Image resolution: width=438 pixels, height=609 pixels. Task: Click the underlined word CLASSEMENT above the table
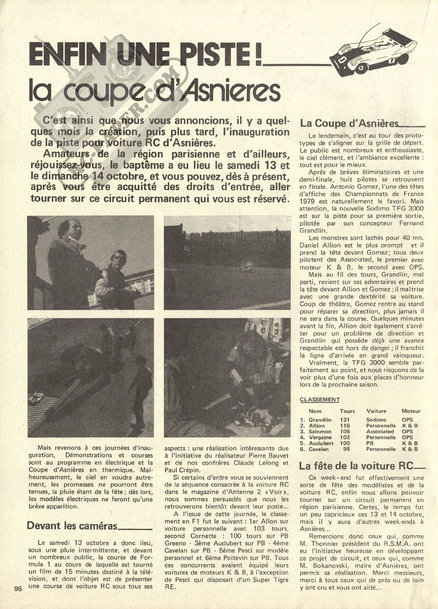point(314,400)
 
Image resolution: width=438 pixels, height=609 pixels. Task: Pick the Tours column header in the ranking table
point(347,411)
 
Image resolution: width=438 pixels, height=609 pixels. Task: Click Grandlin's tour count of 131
point(345,419)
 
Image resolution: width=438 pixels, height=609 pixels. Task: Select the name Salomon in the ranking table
point(320,431)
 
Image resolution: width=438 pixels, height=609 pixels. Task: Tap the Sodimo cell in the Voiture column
point(376,419)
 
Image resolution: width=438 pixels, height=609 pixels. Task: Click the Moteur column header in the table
point(411,411)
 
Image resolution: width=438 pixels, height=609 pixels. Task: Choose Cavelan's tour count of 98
point(347,449)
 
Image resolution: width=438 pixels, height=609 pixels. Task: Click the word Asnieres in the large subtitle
point(232,92)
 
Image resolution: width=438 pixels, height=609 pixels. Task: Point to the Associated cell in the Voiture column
point(380,431)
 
